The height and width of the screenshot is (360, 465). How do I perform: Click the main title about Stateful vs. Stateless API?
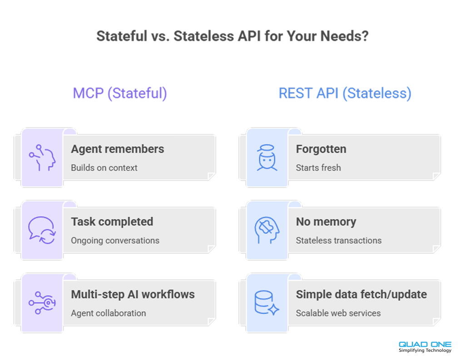pos(232,36)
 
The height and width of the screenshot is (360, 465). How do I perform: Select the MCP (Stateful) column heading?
pos(120,94)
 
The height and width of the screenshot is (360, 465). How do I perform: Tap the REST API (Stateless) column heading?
pos(345,94)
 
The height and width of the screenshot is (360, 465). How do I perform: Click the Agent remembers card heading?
pos(118,149)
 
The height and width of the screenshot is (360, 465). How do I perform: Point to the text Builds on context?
pos(104,168)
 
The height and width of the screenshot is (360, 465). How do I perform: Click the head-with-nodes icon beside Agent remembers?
pos(42,158)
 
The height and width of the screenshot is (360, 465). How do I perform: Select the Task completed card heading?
pos(112,222)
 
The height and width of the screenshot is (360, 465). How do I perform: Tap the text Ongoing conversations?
pos(115,240)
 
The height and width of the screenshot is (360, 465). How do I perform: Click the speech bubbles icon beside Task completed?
pos(42,230)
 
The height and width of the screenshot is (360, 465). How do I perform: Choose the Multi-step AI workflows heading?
pos(133,294)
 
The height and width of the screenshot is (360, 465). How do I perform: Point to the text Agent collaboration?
pos(109,313)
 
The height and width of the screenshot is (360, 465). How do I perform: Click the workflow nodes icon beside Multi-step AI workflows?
pos(42,302)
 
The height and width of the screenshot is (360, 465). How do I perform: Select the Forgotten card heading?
pos(321,149)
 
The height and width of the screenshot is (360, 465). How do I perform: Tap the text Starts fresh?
pos(318,168)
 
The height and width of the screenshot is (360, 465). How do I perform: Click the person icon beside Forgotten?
pos(267,158)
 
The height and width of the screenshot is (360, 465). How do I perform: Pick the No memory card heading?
pos(326,222)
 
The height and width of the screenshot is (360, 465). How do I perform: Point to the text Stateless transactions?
pos(339,240)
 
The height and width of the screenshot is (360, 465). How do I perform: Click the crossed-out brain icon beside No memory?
pos(267,230)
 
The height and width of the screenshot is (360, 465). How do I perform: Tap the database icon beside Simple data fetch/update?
pos(267,302)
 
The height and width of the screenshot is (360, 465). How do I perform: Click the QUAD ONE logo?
pos(425,344)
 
